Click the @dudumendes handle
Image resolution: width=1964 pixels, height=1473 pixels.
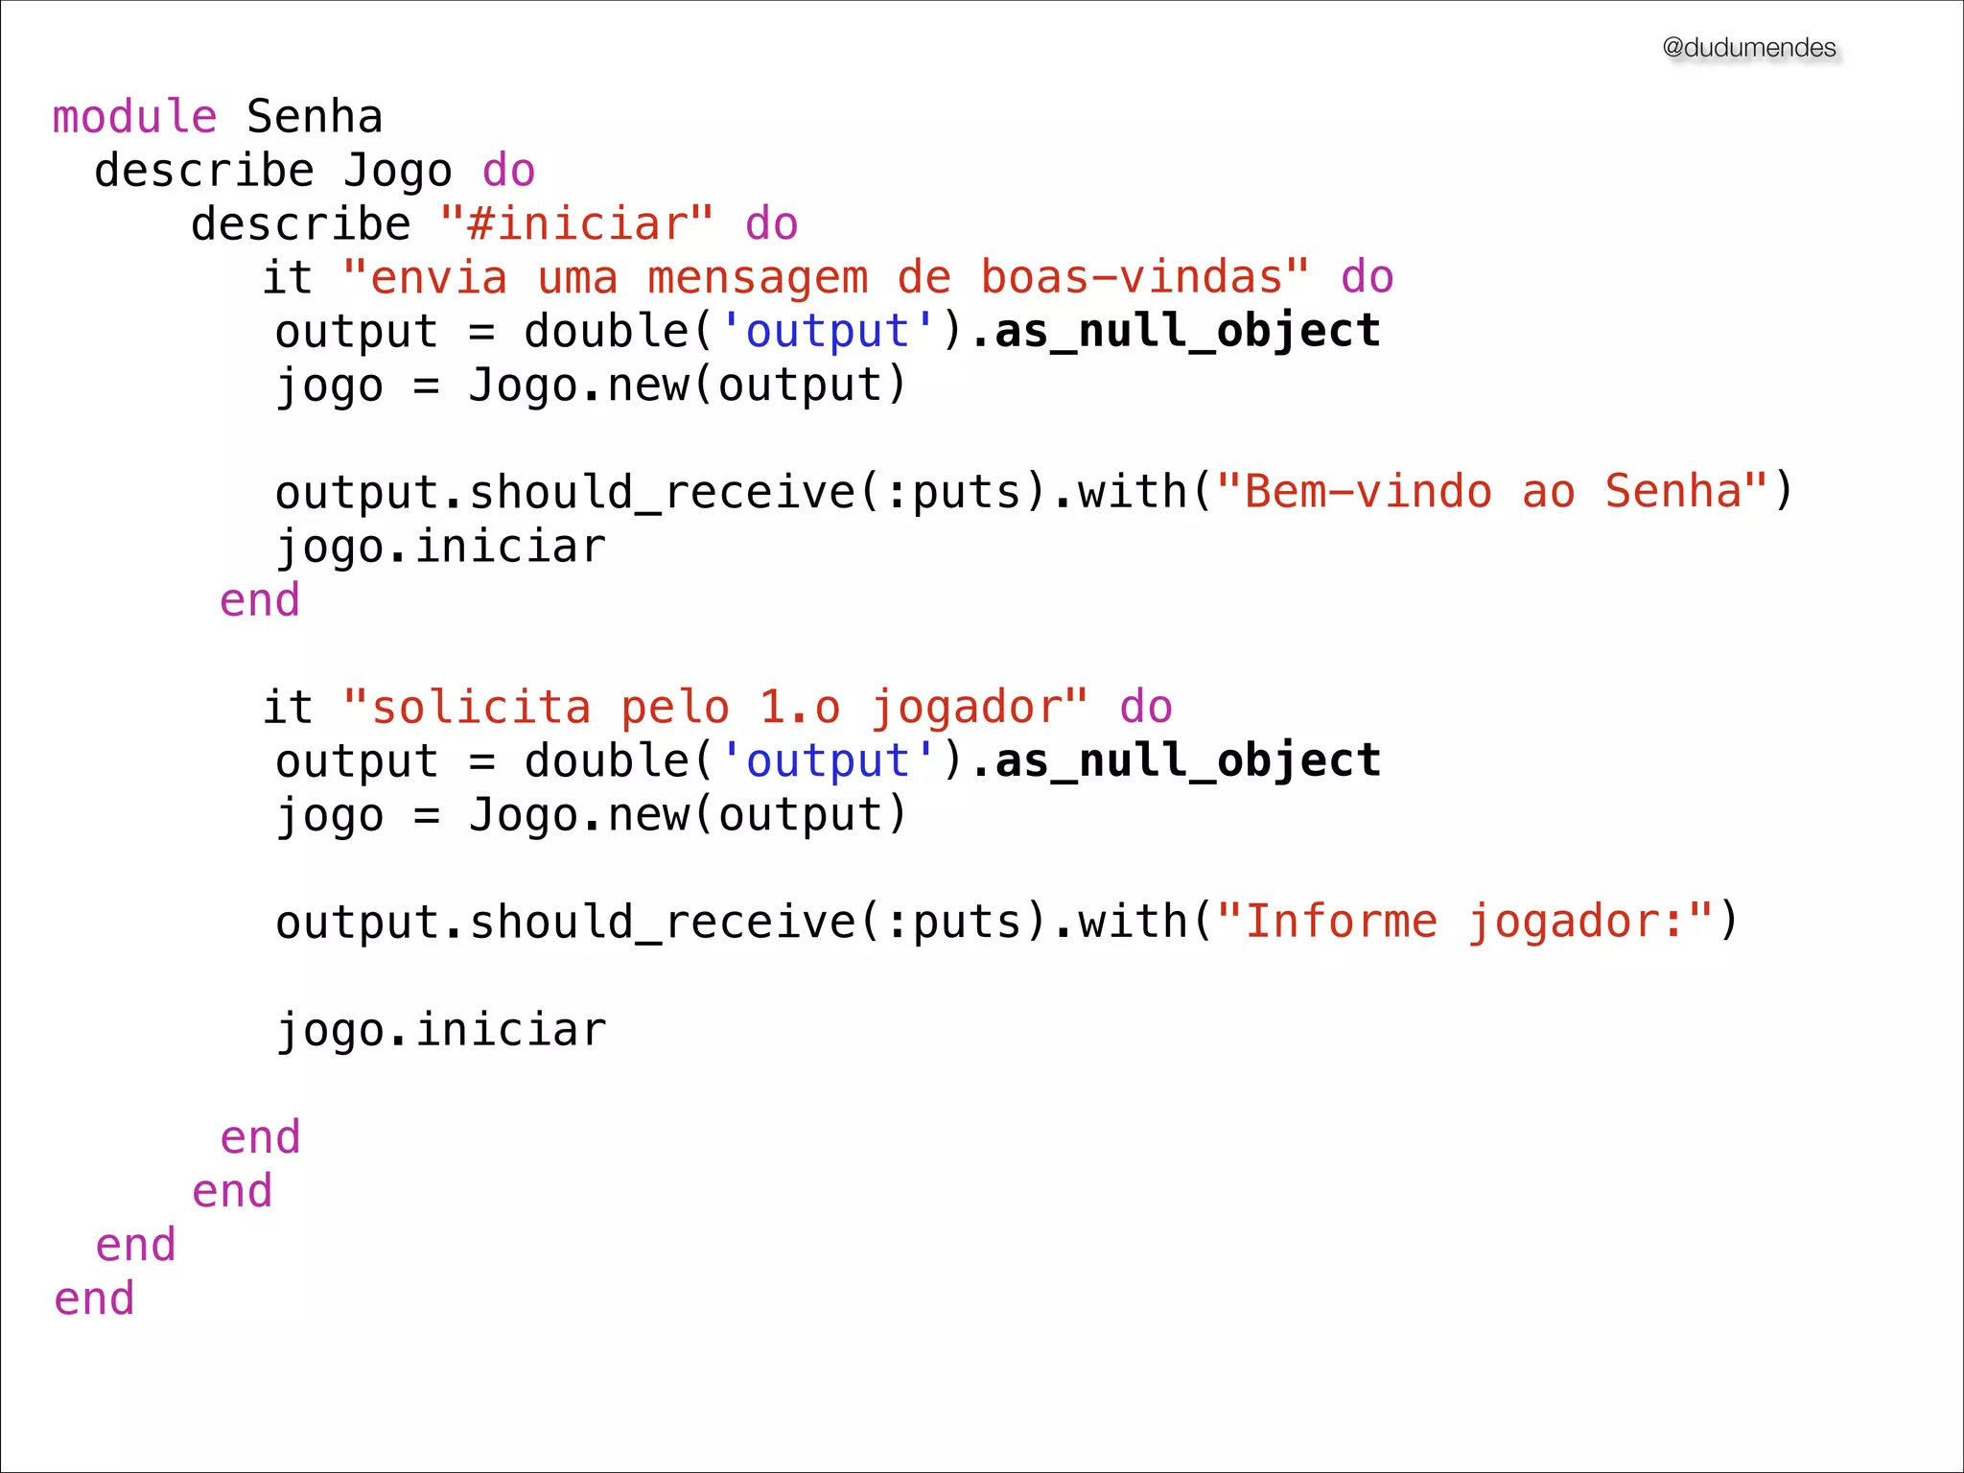(x=1748, y=48)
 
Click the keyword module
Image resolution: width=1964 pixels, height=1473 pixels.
(x=134, y=117)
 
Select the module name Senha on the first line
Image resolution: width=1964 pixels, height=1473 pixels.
(x=315, y=117)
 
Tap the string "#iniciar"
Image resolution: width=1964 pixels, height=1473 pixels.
(x=576, y=224)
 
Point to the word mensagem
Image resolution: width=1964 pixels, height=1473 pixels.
(x=758, y=278)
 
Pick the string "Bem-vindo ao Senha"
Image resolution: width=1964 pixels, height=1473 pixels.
(x=1492, y=492)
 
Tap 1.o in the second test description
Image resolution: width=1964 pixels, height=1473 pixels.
(x=800, y=708)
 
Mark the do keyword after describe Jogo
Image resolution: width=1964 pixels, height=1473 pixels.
(x=508, y=171)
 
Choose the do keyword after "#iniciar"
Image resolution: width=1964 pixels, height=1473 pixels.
(x=771, y=224)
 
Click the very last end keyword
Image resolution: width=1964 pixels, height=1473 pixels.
(x=94, y=1298)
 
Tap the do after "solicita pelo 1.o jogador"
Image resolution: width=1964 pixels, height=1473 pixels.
(x=1146, y=708)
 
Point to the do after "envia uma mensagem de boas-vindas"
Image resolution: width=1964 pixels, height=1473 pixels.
(x=1367, y=278)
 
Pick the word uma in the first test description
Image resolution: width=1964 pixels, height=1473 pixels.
(x=577, y=278)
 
